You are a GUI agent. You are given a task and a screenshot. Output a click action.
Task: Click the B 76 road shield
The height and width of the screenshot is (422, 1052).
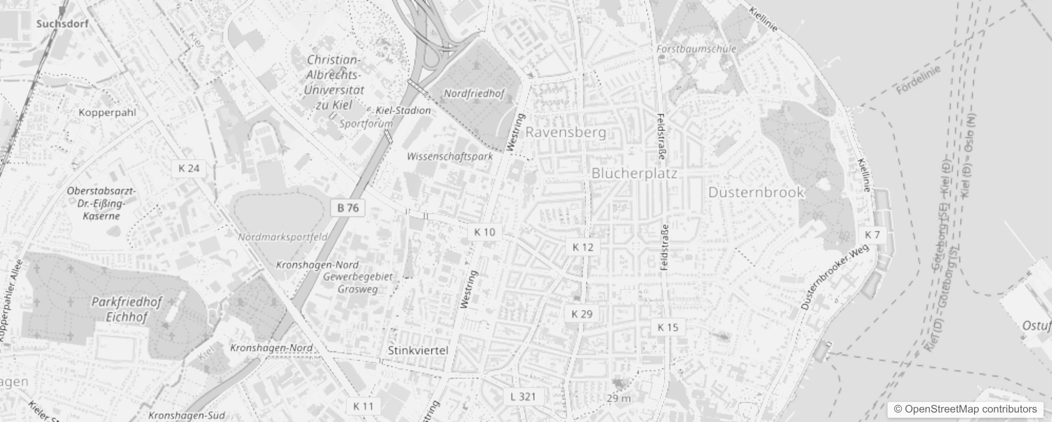coord(348,208)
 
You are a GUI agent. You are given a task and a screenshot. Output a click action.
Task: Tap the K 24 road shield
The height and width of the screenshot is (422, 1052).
coord(189,168)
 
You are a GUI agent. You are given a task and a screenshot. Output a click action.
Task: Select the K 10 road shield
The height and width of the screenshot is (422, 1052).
coord(484,232)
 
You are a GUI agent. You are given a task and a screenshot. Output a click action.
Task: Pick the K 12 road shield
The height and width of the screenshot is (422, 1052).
coord(582,247)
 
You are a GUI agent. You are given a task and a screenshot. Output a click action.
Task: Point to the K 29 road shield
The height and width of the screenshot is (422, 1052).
coord(582,314)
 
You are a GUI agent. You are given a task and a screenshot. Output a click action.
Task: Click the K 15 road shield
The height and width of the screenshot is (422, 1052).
coord(668,327)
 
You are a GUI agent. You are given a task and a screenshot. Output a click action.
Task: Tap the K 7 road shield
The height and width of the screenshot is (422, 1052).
coord(872,235)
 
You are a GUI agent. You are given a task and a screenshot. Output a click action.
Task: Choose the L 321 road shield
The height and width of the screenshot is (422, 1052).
coord(523,396)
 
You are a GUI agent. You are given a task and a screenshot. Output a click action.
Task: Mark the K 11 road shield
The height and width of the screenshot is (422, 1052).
coord(363,406)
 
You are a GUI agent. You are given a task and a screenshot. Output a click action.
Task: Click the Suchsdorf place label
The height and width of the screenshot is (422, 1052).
coord(62,24)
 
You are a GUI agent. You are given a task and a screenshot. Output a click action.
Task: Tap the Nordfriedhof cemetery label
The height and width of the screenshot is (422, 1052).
coord(474,93)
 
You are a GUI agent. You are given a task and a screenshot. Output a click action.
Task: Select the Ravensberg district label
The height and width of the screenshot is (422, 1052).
coord(566,132)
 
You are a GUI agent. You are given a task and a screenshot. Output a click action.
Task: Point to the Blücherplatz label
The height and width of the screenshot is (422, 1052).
coord(634,173)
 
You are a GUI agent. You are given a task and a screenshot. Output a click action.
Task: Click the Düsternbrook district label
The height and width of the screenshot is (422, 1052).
coord(756,192)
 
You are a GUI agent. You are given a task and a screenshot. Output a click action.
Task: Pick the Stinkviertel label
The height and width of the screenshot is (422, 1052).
coord(418,350)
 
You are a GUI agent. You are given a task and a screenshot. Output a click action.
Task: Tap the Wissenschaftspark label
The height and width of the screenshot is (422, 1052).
coord(450,156)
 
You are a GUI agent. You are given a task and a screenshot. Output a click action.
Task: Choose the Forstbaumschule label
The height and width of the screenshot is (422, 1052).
coord(696,49)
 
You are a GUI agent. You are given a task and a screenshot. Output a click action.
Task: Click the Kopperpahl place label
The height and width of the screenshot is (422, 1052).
coord(107,112)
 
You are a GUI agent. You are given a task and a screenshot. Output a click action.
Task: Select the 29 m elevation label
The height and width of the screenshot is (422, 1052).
coord(618,398)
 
